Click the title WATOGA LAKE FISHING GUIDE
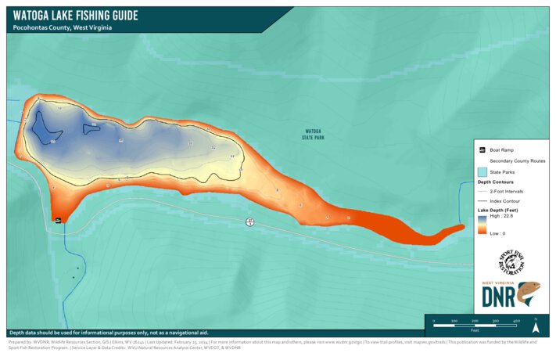(x=75, y=15)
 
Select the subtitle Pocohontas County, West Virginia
(x=63, y=27)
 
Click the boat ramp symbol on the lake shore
(x=58, y=221)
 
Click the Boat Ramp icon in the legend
(x=482, y=149)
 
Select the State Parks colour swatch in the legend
(x=482, y=171)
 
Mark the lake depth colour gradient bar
(x=482, y=225)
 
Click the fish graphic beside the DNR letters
(x=530, y=296)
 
